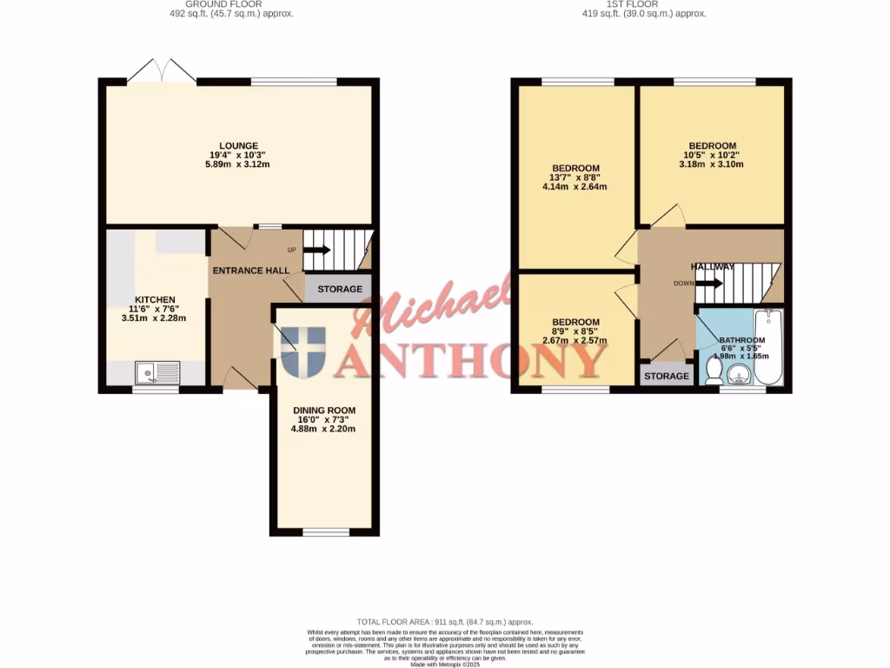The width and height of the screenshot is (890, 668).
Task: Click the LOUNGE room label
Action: click(238, 145)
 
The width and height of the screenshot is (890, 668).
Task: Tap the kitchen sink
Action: click(157, 373)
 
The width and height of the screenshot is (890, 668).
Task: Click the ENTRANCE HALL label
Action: click(252, 271)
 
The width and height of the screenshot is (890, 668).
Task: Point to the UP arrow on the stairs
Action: click(316, 250)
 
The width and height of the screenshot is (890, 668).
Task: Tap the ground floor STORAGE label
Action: click(338, 289)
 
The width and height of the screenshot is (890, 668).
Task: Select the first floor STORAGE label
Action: click(667, 377)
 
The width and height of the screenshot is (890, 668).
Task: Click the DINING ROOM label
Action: click(324, 410)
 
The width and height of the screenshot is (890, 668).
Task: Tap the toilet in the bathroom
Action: click(714, 371)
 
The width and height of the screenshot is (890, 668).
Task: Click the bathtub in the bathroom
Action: click(768, 345)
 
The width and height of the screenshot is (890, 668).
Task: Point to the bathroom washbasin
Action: click(741, 375)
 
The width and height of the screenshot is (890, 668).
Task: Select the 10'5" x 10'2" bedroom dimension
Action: click(713, 155)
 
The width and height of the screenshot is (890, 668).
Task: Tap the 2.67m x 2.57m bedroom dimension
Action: click(575, 340)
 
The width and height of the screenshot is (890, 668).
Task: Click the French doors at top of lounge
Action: click(162, 73)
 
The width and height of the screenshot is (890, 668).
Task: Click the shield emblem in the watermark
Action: click(303, 353)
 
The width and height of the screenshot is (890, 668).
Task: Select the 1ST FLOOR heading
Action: click(643, 4)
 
